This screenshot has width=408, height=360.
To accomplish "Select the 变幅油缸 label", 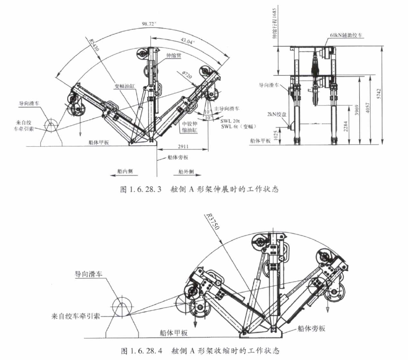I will point(124,86).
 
